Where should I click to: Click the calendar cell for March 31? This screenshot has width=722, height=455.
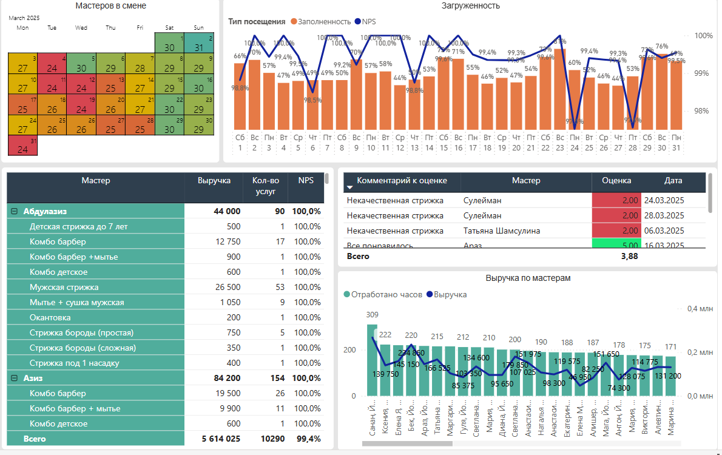tap(22, 146)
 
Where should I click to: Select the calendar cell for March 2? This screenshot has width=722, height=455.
tap(198, 44)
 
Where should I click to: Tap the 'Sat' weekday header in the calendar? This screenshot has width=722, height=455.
tap(169, 27)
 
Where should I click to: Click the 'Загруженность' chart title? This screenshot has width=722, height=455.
tap(471, 6)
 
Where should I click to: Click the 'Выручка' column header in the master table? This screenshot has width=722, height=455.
tap(214, 180)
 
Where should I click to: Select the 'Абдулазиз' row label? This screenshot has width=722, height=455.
tap(44, 211)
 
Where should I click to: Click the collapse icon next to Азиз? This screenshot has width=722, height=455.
tap(13, 378)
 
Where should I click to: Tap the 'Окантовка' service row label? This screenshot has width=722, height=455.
tap(50, 317)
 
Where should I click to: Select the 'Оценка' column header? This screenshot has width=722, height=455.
tap(616, 180)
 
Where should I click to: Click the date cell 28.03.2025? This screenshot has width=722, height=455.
tap(664, 215)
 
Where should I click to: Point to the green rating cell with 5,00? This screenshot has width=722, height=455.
tap(616, 245)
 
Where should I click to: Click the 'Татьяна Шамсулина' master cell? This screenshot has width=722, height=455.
tap(501, 231)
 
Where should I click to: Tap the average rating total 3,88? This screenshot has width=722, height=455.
tap(629, 257)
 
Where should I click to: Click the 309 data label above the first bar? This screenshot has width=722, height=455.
tap(372, 314)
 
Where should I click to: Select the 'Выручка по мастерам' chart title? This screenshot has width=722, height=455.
tap(528, 278)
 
